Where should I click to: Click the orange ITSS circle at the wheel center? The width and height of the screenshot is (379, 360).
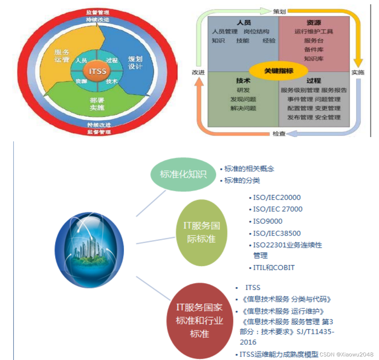(x=98, y=71)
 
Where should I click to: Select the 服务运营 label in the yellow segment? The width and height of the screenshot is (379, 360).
(x=62, y=56)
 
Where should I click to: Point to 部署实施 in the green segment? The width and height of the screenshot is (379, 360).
(x=97, y=104)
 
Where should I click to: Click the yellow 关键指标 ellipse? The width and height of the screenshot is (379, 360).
(x=279, y=71)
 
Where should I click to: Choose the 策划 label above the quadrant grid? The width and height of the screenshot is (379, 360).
(x=279, y=11)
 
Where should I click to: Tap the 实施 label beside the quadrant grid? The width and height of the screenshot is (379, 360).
(x=358, y=72)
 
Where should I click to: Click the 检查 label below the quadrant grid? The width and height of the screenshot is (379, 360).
(x=279, y=134)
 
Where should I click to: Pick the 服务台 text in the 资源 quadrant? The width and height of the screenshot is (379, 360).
(x=314, y=41)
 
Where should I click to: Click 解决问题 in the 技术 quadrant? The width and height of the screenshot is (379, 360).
(x=243, y=108)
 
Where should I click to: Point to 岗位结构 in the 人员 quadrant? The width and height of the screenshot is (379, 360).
(x=256, y=31)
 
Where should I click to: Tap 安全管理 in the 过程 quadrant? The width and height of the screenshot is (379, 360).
(x=328, y=117)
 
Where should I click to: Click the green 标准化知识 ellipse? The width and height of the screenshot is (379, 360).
(x=183, y=175)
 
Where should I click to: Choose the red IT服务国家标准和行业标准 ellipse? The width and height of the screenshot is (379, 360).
(x=200, y=321)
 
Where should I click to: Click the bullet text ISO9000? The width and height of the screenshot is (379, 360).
(x=267, y=221)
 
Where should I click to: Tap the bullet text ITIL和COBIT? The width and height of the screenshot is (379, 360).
(x=274, y=268)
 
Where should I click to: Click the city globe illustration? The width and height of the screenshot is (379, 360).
(x=89, y=250)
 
